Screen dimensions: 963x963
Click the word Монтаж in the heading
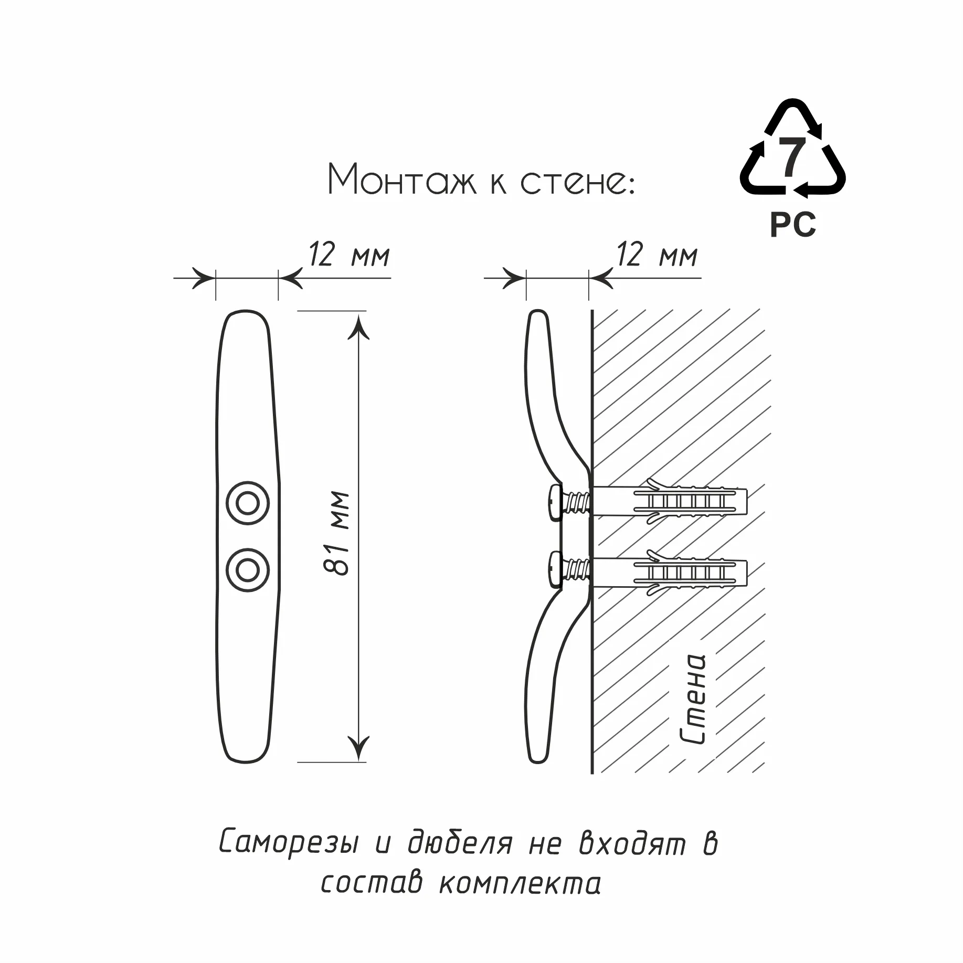coord(402,179)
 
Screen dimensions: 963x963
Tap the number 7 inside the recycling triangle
coord(792,156)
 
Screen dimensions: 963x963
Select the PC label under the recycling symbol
coord(792,225)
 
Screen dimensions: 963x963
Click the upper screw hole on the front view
coord(248,503)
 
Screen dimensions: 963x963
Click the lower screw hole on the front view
coord(248,570)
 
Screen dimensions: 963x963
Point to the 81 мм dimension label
coord(336,533)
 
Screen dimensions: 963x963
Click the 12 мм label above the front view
coord(349,255)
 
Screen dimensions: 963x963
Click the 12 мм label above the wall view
coord(657,255)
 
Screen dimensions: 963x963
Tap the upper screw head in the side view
coord(555,503)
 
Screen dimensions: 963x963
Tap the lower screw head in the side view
coord(555,568)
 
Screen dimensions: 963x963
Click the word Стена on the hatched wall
coord(692,699)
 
